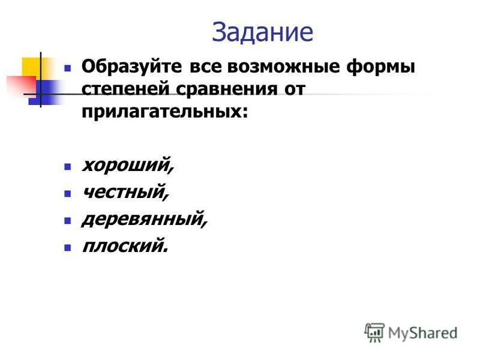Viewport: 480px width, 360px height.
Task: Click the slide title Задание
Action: [263, 32]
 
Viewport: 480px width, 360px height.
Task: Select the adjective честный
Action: [125, 192]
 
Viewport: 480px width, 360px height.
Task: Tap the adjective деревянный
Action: [145, 219]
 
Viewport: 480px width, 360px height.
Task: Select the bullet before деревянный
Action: [68, 221]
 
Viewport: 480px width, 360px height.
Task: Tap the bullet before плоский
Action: [68, 247]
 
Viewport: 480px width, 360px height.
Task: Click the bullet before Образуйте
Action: [68, 67]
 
